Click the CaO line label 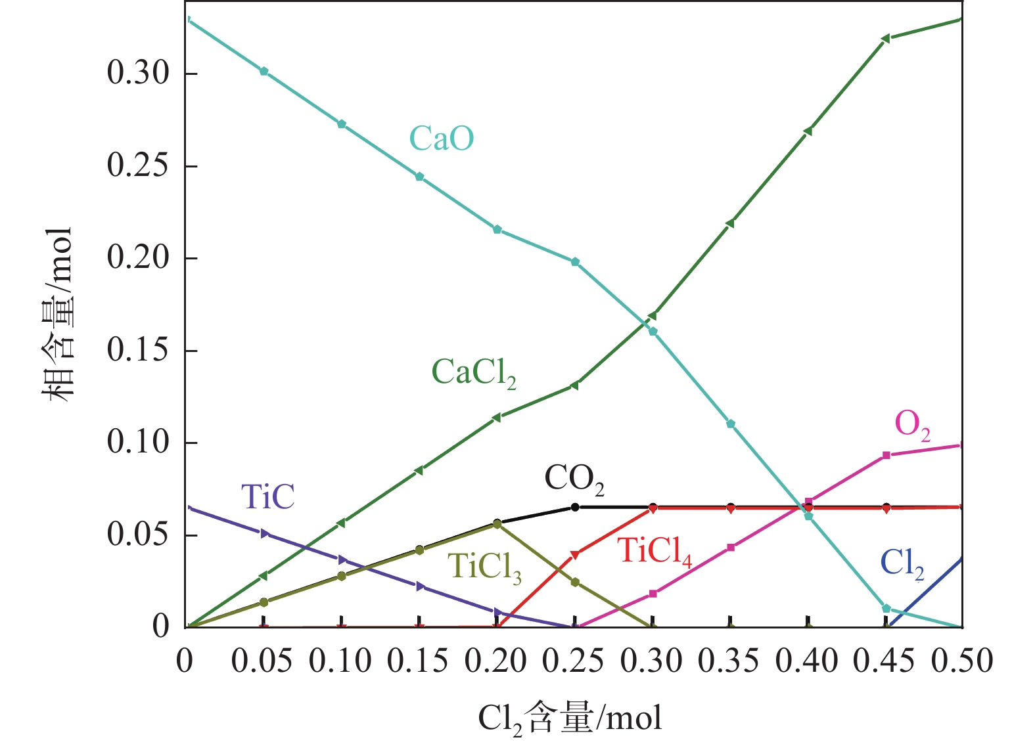tap(442, 139)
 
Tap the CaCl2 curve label tap(473, 373)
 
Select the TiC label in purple tap(267, 497)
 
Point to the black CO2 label tap(574, 479)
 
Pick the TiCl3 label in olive tap(484, 566)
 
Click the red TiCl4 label tap(655, 551)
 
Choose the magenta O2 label tap(912, 425)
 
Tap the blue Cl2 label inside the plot tap(902, 563)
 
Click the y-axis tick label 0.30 tap(139, 73)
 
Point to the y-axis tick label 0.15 tap(139, 350)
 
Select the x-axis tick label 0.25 tap(573, 661)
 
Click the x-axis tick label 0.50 tap(961, 661)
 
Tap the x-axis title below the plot tap(570, 718)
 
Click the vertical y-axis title tap(58, 315)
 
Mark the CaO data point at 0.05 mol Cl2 tap(264, 71)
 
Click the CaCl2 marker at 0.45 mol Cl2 tap(885, 39)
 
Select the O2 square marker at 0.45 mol tap(886, 455)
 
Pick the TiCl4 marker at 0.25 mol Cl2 tap(575, 555)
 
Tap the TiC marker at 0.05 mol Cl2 tap(265, 533)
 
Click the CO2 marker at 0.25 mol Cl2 tap(575, 507)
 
